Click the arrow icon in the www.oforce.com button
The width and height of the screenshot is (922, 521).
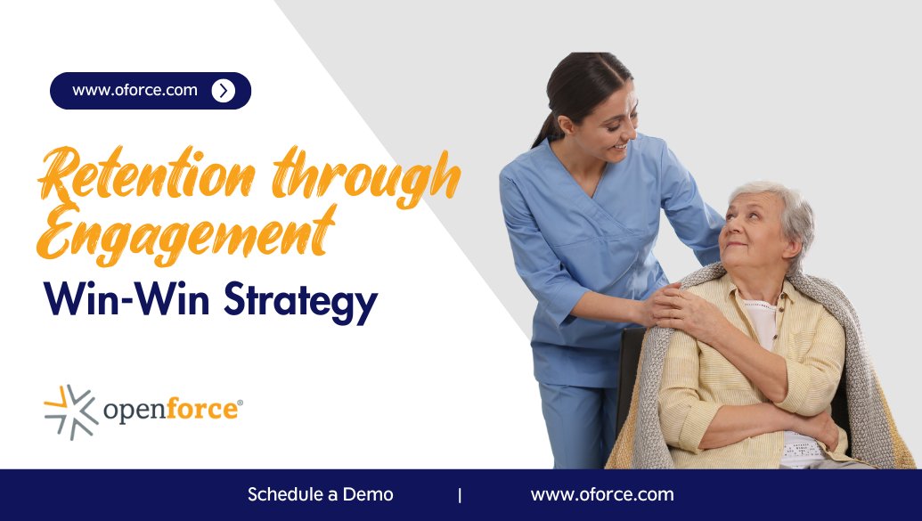[x=224, y=90]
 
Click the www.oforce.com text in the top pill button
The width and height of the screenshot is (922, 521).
[x=135, y=90]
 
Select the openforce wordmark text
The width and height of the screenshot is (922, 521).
[x=172, y=411]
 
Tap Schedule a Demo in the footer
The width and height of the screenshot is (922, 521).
[x=320, y=494]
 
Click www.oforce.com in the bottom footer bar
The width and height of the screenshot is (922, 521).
[x=602, y=494]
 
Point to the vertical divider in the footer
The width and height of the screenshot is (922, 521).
[x=460, y=495]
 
